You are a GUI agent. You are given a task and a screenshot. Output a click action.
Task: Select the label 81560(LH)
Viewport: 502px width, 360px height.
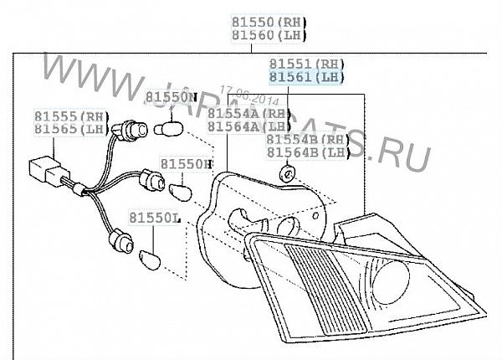269,35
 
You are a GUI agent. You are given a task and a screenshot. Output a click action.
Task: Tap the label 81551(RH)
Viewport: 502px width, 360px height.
305,64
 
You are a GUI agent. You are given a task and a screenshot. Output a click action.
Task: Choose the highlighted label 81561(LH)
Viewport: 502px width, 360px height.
305,77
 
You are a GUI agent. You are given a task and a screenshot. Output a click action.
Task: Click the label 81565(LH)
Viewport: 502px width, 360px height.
71,129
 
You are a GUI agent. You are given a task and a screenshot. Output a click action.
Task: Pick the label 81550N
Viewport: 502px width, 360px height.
172,97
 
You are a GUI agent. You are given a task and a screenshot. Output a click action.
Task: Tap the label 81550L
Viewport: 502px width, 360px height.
154,218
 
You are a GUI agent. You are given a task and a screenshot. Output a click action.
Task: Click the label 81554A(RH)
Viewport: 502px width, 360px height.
248,113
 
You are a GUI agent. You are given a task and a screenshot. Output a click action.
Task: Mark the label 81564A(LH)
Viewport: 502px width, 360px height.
248,126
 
